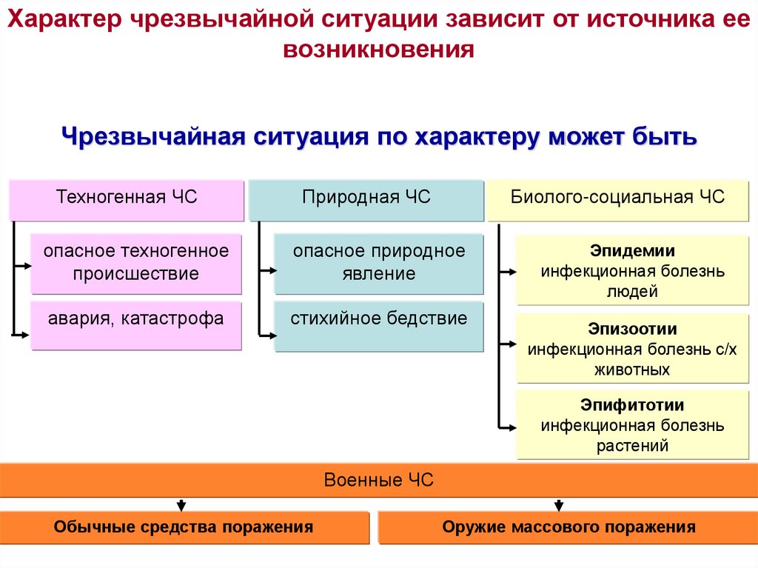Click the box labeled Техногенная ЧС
127,198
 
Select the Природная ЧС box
366,198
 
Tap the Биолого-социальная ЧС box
617,198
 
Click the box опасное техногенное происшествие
136,263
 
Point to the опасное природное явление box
378,263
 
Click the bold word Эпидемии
632,251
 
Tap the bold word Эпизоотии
632,328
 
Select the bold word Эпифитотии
632,406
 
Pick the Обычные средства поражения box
183,527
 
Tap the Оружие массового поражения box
568,527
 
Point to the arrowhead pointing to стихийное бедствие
270,335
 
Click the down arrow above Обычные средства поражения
181,506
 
